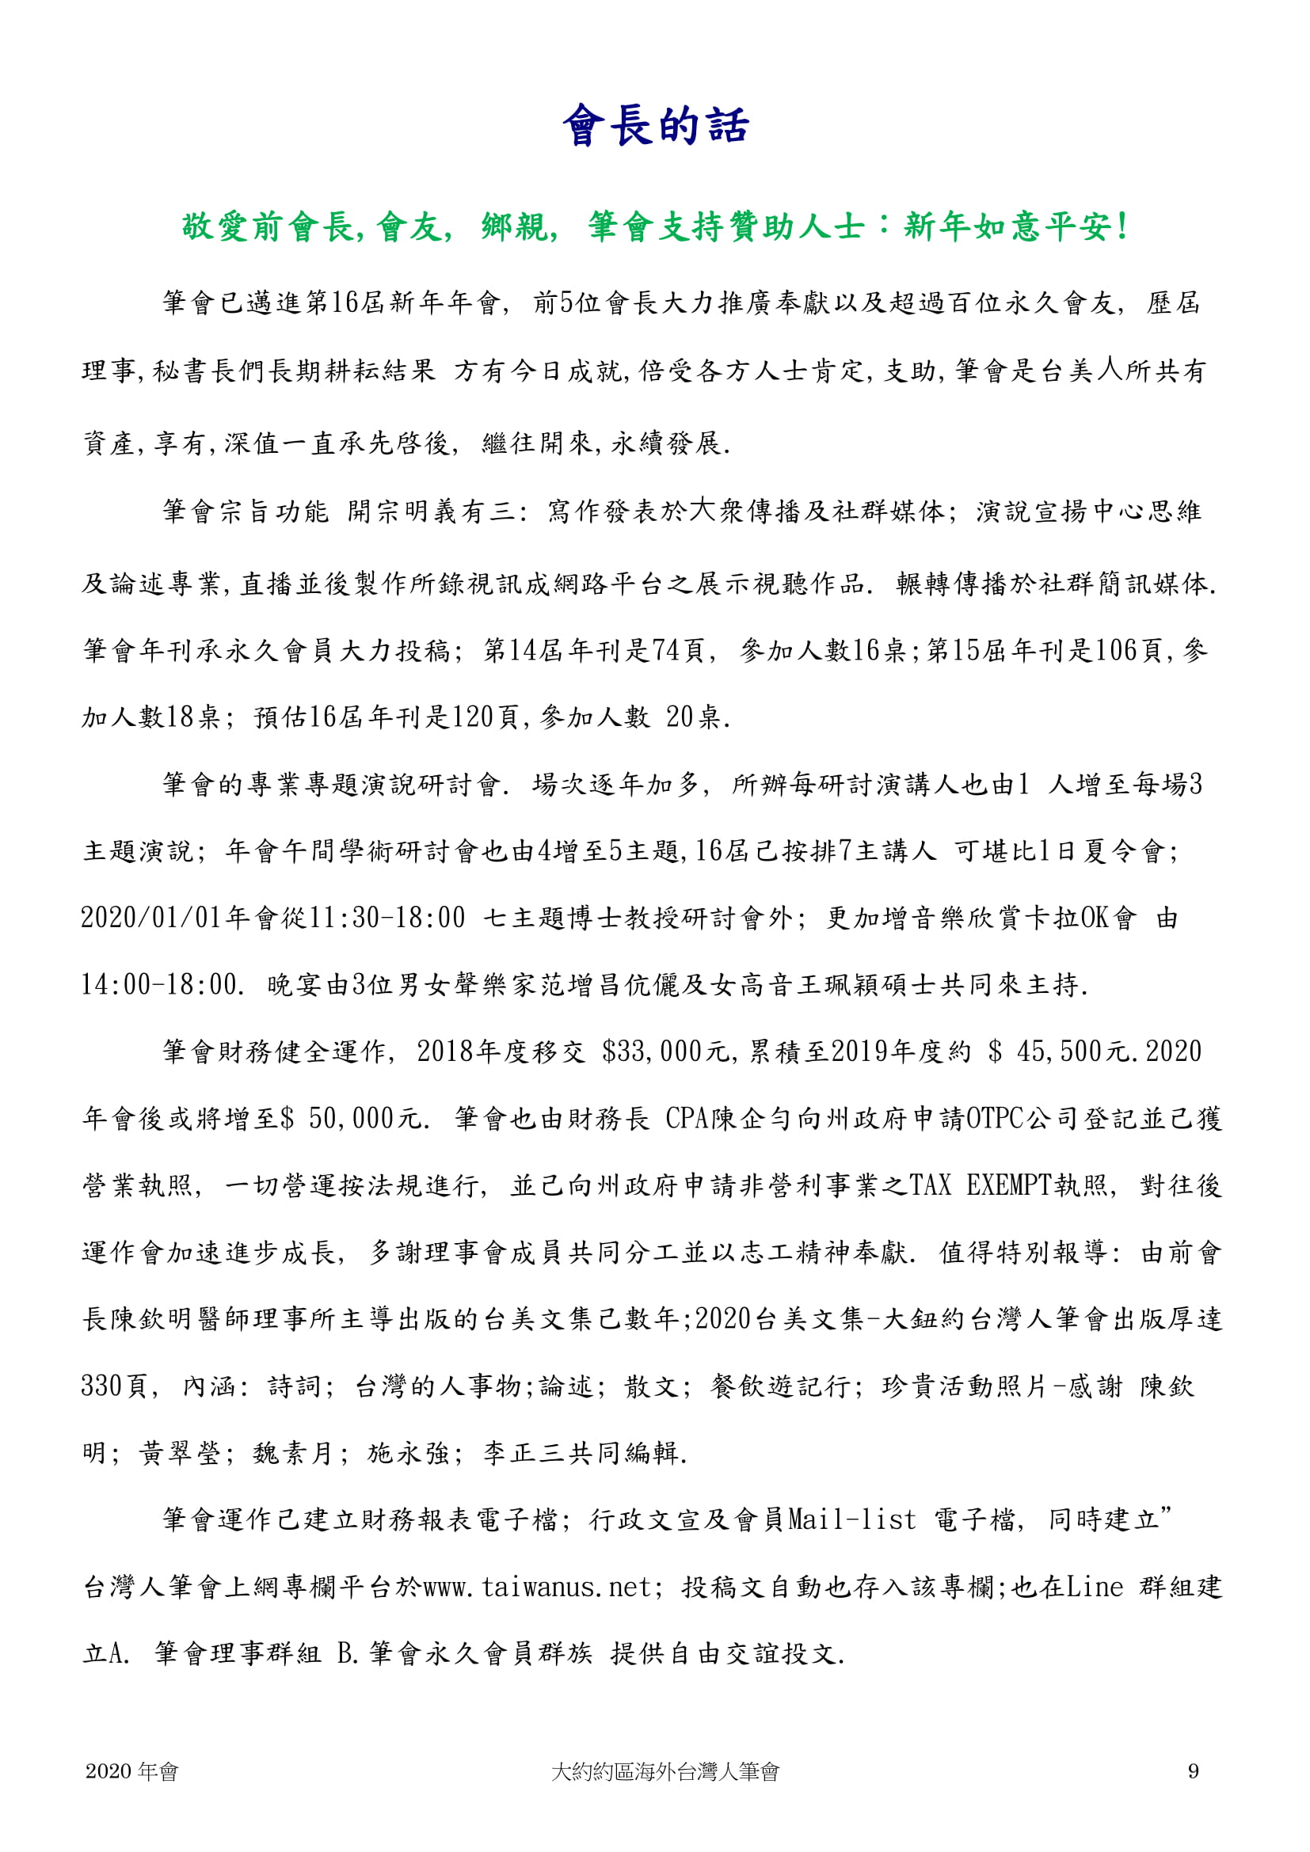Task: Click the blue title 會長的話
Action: [655, 126]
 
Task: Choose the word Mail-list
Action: [852, 1520]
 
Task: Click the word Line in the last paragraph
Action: [1095, 1588]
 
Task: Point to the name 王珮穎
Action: [840, 985]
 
